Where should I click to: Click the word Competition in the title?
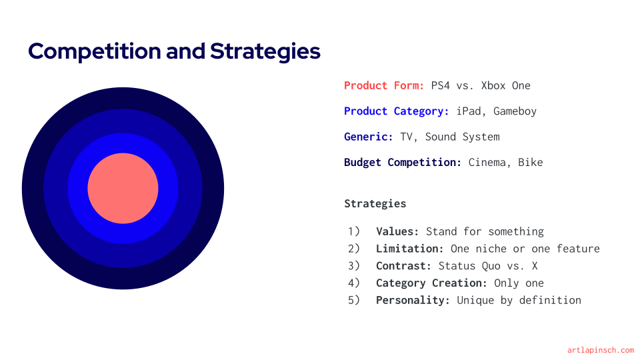(94, 52)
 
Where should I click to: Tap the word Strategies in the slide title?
(265, 52)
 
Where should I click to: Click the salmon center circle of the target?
(123, 188)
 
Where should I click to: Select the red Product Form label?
(384, 86)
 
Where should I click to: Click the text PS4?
(441, 86)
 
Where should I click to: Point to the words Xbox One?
(506, 86)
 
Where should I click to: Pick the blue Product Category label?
(396, 111)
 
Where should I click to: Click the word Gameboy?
(515, 111)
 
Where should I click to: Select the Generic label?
(368, 137)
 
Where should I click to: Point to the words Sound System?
(462, 137)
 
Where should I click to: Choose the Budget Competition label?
(403, 163)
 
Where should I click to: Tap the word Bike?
(530, 163)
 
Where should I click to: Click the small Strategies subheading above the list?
(375, 204)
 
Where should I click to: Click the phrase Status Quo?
(469, 266)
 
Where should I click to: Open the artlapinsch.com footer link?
(601, 350)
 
